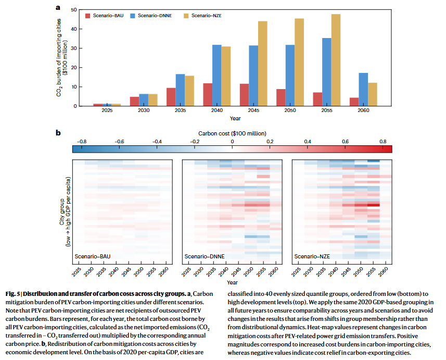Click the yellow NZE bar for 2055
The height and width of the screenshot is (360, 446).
point(336,60)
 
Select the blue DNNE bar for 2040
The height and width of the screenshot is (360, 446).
point(216,76)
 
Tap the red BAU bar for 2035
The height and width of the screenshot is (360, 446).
point(171,97)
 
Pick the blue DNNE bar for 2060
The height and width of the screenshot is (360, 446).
point(363,90)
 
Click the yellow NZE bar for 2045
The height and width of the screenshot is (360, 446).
point(262,64)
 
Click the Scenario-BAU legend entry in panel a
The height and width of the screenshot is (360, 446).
point(105,16)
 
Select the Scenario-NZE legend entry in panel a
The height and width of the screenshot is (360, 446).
point(202,16)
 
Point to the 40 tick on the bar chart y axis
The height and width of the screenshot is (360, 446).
point(74,29)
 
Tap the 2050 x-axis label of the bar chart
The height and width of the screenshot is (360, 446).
point(290,110)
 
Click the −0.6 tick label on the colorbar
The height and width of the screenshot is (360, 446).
point(119,142)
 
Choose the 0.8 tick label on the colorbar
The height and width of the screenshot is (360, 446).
point(383,142)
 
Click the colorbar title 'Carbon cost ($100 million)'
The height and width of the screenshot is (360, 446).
point(232,133)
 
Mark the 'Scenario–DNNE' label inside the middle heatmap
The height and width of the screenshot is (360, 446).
point(205,256)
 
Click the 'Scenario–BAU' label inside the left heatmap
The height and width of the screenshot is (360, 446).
point(93,256)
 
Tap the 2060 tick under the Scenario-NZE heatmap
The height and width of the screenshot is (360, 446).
point(384,272)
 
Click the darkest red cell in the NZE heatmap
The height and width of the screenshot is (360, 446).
point(374,205)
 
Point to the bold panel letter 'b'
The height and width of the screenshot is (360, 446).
point(58,133)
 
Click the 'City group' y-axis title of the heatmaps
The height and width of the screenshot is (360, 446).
point(62,212)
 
